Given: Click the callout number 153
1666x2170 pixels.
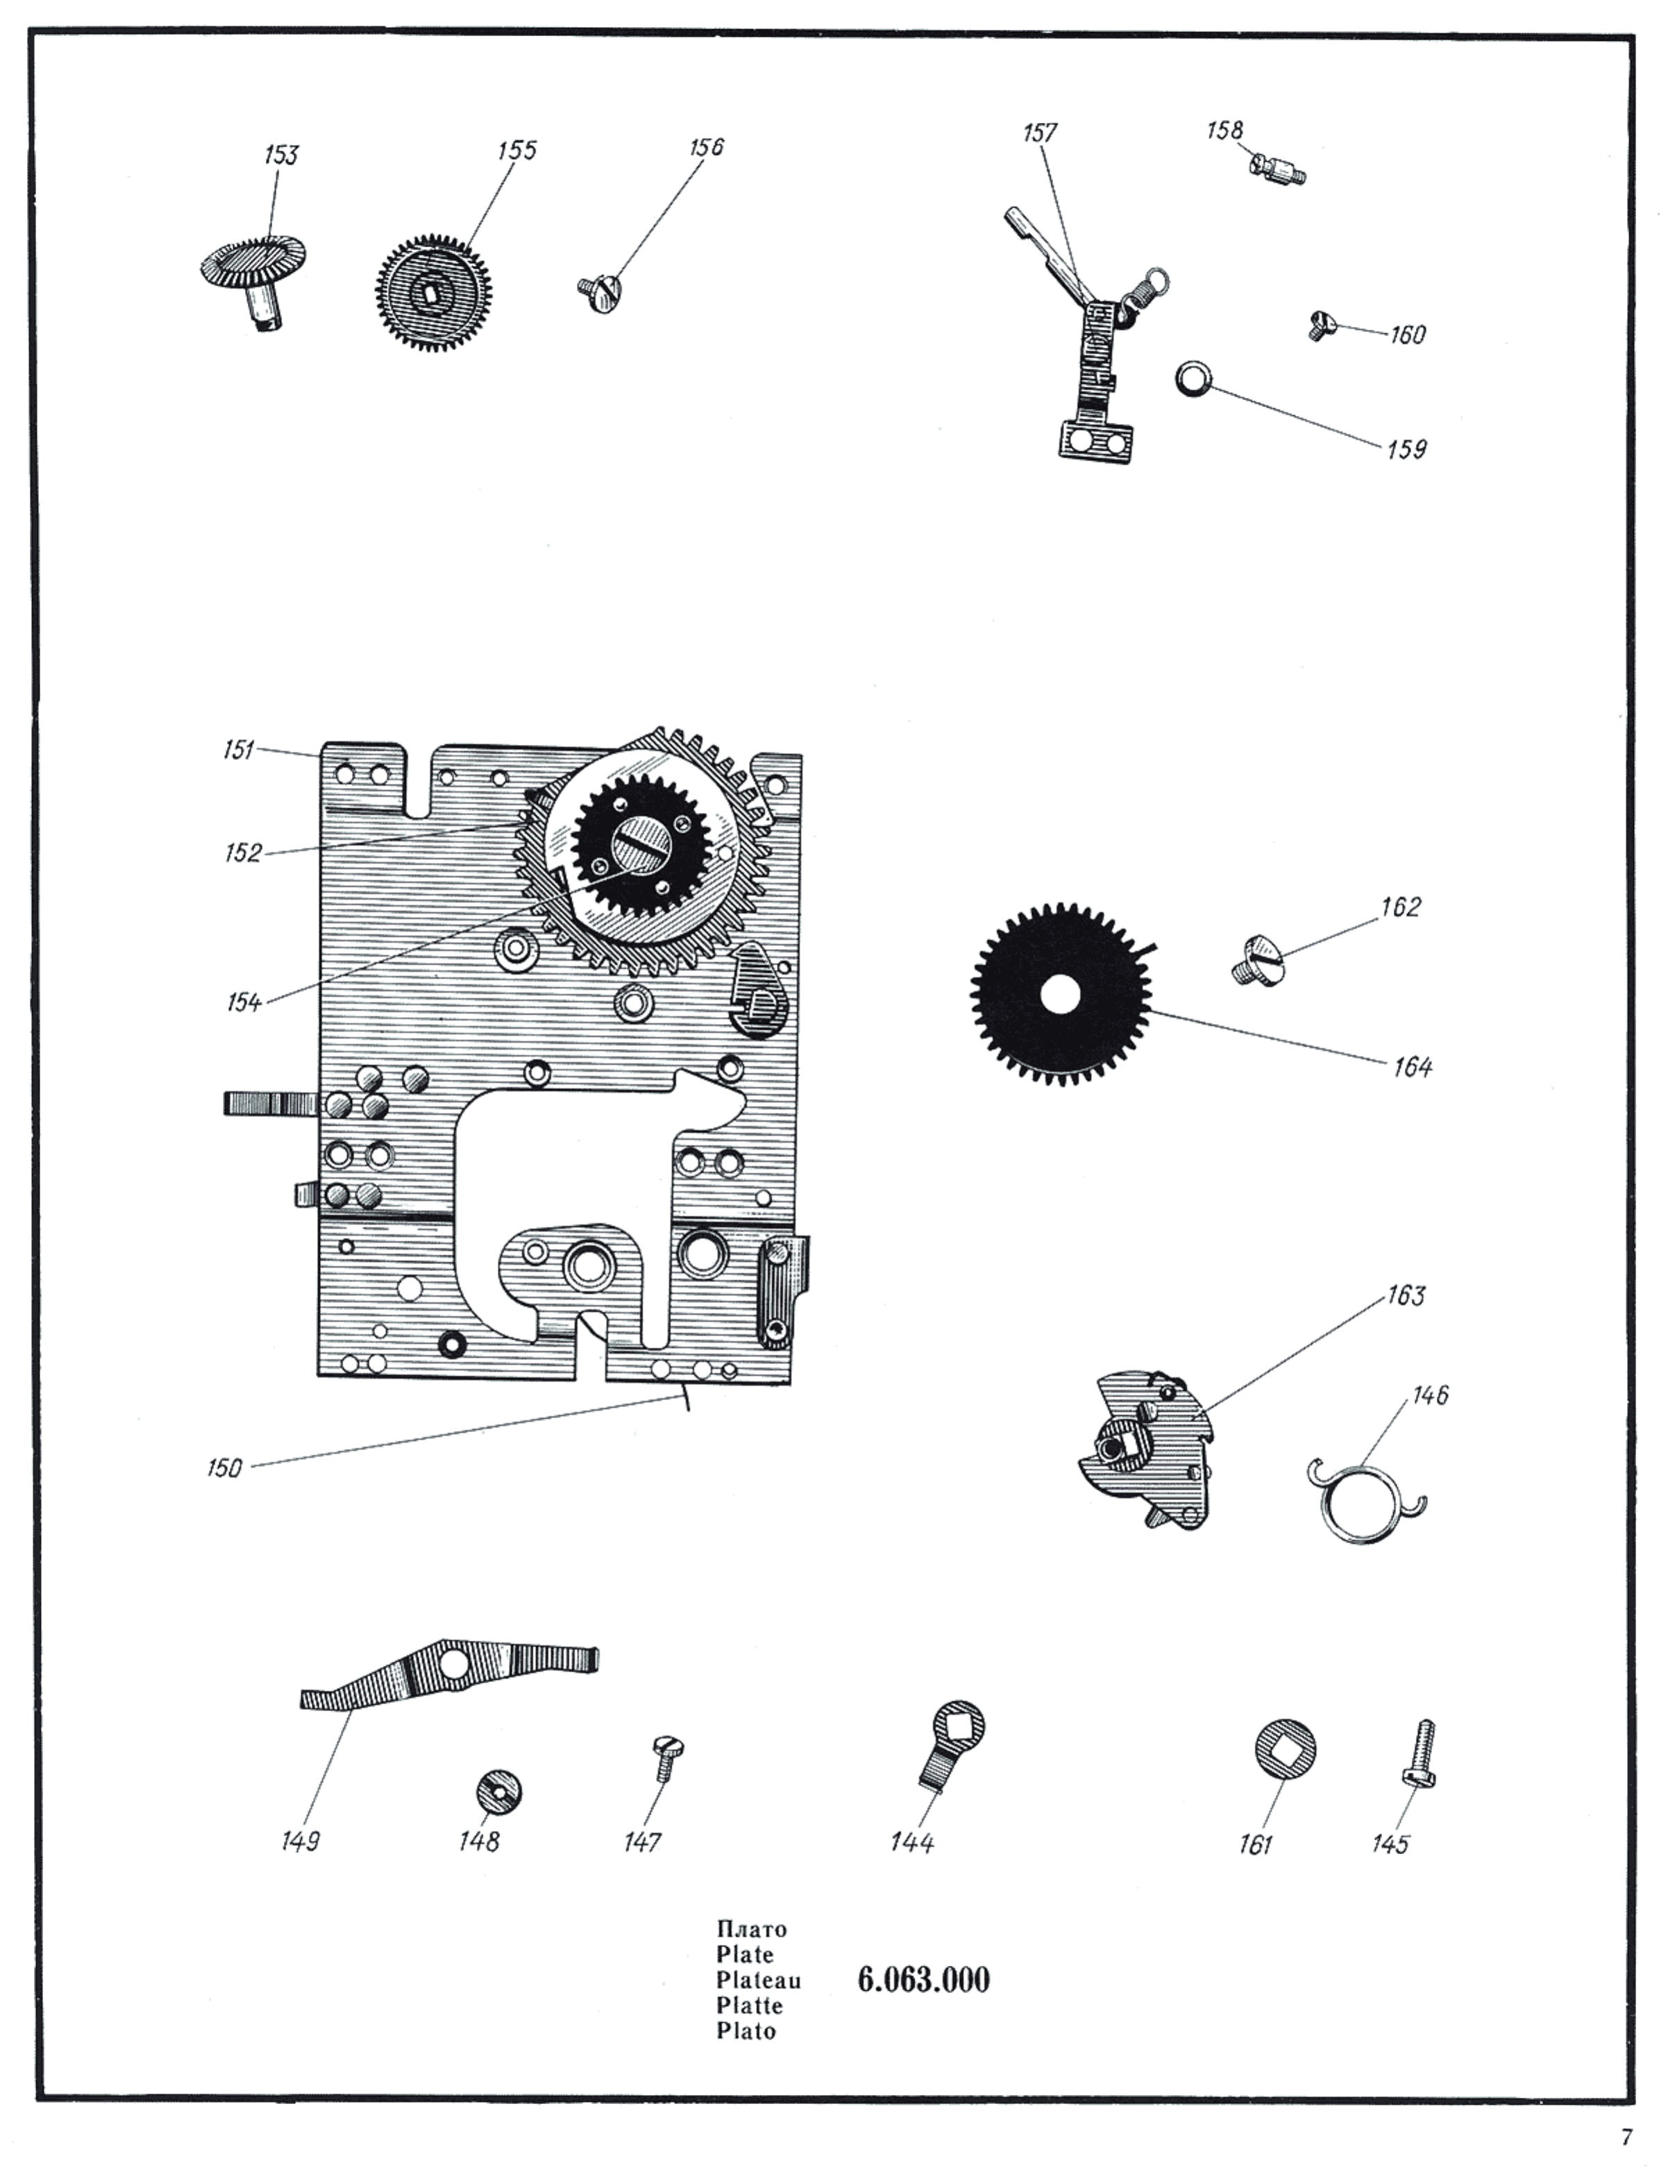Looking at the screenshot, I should tap(280, 155).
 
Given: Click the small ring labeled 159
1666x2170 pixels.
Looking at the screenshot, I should tap(1193, 379).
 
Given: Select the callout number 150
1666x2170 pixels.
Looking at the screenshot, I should tap(224, 1467).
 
